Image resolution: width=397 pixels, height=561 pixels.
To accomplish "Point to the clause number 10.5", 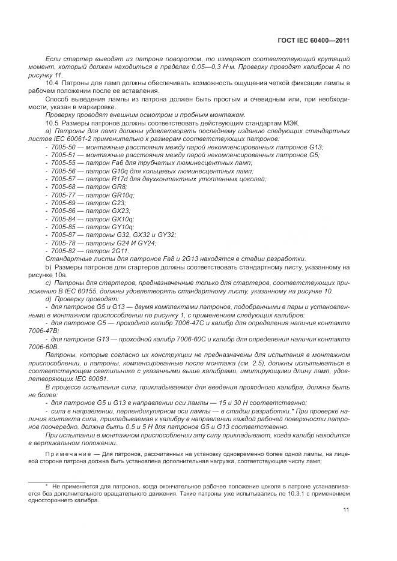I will (x=52, y=122).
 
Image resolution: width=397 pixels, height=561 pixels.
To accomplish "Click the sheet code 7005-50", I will (x=63, y=147).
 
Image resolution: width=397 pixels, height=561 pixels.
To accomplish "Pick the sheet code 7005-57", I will (x=63, y=179).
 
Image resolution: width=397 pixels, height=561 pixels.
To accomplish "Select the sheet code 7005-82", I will (x=63, y=250).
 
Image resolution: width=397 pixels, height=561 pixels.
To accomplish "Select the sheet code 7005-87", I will (x=63, y=235).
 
